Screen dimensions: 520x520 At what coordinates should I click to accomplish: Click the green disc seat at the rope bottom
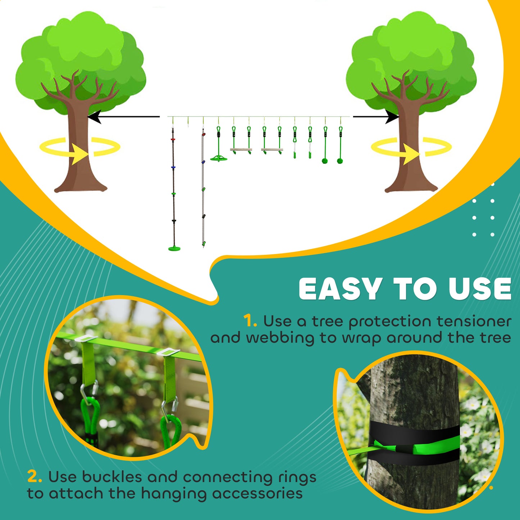(x=174, y=248)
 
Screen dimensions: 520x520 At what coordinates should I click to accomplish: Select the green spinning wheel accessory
(x=218, y=158)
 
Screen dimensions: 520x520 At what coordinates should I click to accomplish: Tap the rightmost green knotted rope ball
(x=340, y=160)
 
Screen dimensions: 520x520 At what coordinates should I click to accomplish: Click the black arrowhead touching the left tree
(x=94, y=117)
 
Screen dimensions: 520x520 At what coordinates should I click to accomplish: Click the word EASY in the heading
(x=340, y=289)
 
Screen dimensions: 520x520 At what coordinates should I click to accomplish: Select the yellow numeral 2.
(x=34, y=477)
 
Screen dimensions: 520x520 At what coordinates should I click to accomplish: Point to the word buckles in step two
(x=112, y=477)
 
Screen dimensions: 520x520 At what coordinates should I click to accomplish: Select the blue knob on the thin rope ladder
(x=203, y=162)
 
